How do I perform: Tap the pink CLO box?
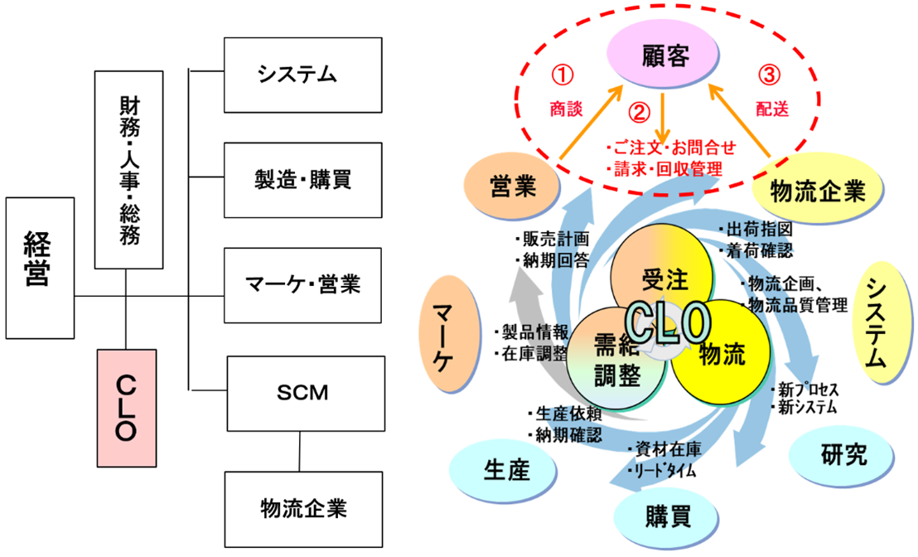click(126, 409)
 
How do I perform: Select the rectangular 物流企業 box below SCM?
click(303, 506)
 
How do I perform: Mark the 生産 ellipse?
click(505, 469)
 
